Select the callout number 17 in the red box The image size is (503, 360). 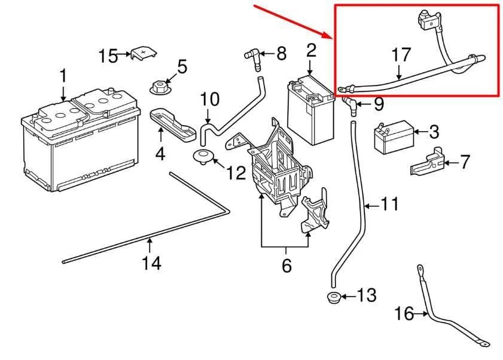pos(401,55)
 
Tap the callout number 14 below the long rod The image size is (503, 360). pos(151,263)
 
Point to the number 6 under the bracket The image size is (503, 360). pos(286,266)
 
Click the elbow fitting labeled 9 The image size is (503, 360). pos(350,105)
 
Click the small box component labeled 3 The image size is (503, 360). pos(393,137)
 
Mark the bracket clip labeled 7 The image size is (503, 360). pos(428,161)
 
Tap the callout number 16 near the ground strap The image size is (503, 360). pos(405,313)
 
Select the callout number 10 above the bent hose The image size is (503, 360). pos(209,99)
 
